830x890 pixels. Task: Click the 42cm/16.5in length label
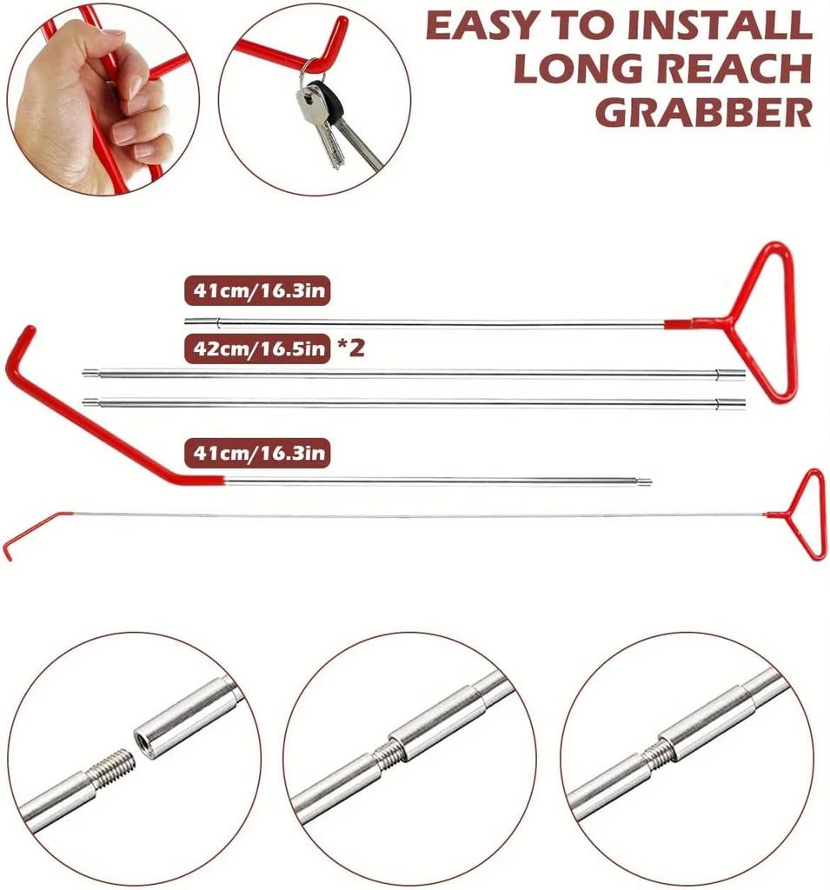pyautogui.click(x=256, y=349)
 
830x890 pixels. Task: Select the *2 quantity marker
pyautogui.click(x=350, y=349)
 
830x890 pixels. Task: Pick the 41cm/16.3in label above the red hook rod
pyautogui.click(x=256, y=453)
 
